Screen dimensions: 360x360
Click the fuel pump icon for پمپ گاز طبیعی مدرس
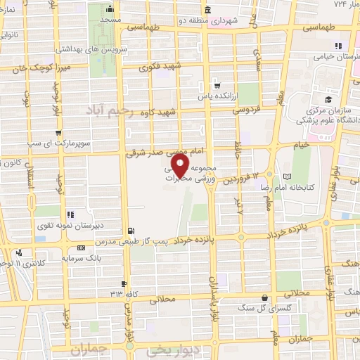(131, 230)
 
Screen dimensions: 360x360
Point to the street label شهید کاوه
(157, 112)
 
